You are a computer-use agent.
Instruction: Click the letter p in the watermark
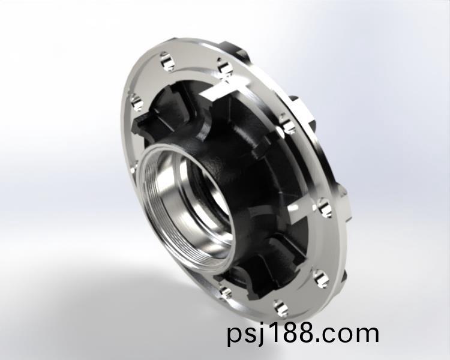point(235,335)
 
